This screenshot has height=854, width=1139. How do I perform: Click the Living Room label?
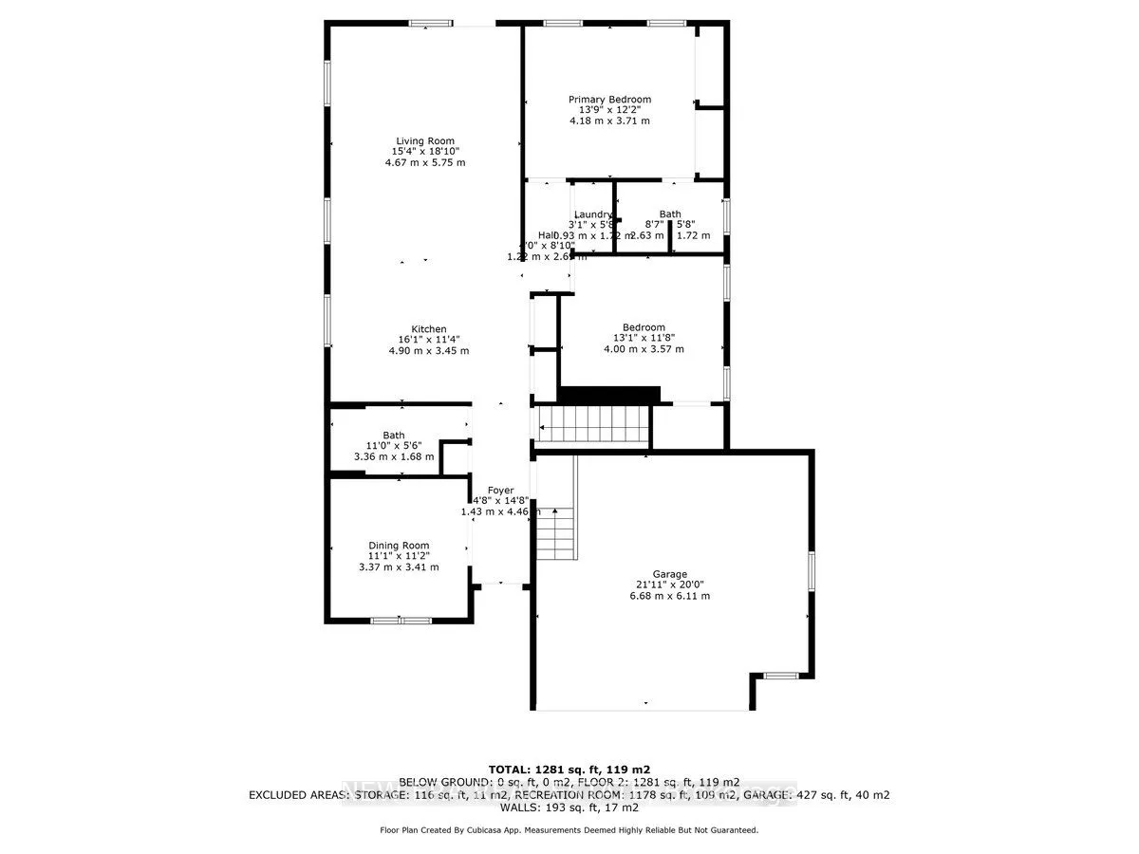(424, 140)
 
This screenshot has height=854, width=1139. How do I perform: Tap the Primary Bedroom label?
(609, 99)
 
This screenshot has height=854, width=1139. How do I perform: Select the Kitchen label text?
(428, 329)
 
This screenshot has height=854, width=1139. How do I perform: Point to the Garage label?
(670, 574)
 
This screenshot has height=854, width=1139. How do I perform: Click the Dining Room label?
(399, 546)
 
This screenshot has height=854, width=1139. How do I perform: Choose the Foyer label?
(500, 491)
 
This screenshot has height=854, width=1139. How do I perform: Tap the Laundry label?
(593, 214)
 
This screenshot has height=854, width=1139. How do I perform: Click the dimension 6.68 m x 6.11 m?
(670, 596)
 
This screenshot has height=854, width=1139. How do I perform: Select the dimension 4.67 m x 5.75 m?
(424, 162)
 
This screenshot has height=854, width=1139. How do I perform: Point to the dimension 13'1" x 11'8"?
(644, 338)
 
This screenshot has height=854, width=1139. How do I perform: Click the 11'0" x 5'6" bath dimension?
(393, 446)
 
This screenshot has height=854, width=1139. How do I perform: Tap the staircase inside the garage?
(556, 532)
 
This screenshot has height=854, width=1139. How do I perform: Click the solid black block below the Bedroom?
(609, 394)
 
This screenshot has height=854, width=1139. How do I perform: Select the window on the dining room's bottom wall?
(400, 621)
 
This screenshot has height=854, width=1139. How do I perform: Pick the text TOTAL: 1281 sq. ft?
(569, 769)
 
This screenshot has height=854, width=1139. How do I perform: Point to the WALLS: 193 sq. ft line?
(569, 808)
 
